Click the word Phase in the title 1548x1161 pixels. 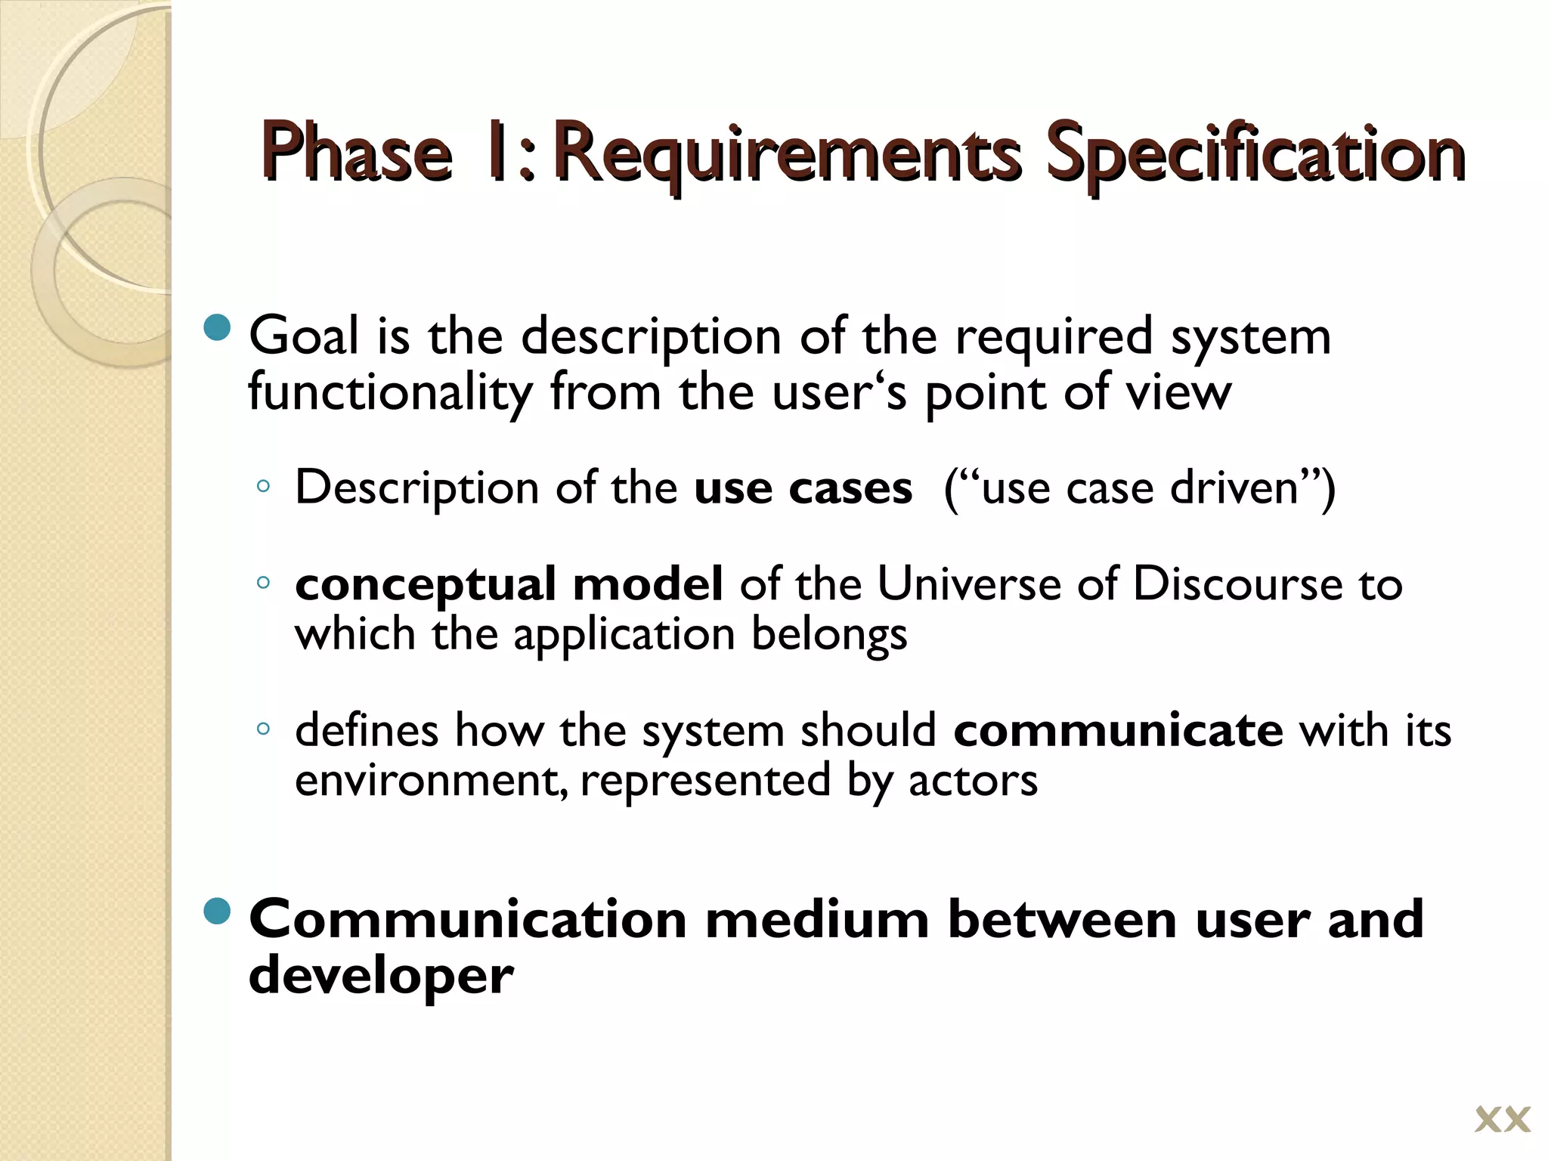click(x=357, y=154)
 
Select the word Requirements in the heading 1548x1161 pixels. click(x=786, y=154)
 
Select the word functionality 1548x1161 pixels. click(x=389, y=393)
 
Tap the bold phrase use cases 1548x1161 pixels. click(x=803, y=488)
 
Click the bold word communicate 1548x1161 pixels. click(x=1118, y=730)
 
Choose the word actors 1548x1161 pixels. click(x=973, y=780)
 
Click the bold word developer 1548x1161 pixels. click(x=381, y=976)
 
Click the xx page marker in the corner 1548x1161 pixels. click(x=1502, y=1120)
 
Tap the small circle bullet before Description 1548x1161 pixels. click(x=263, y=487)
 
